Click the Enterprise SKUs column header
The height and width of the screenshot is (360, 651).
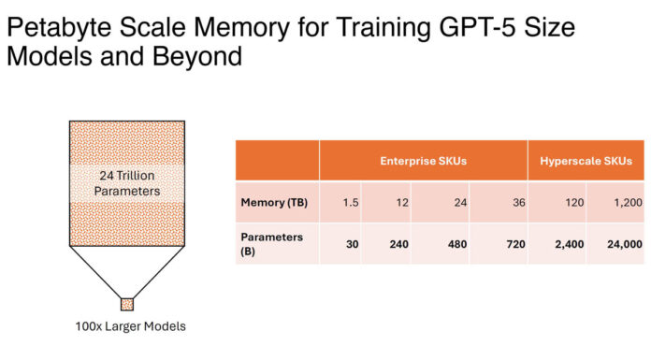(x=424, y=161)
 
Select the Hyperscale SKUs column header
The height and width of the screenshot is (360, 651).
(x=586, y=161)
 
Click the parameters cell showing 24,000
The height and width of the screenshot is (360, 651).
(x=615, y=243)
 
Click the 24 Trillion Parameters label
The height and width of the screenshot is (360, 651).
(x=127, y=183)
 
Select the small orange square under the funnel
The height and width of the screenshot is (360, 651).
(x=127, y=304)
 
